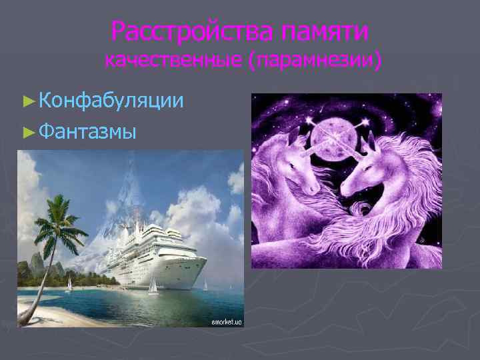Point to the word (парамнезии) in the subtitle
click(x=315, y=61)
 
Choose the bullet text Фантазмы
click(x=87, y=131)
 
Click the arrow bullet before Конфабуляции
click(x=27, y=101)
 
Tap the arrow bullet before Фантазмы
click(x=27, y=131)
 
